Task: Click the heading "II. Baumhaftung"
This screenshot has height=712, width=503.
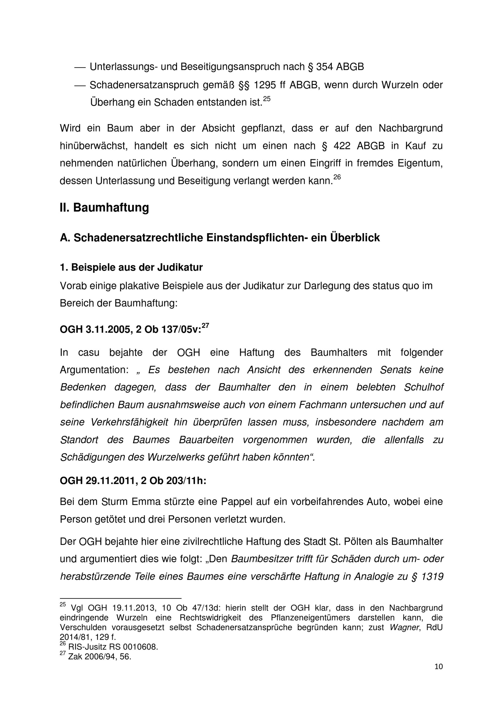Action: click(104, 208)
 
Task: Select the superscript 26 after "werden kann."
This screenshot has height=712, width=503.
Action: click(337, 177)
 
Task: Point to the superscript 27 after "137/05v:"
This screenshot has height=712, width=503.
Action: click(205, 325)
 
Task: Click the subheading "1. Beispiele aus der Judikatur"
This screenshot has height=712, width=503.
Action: click(131, 267)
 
